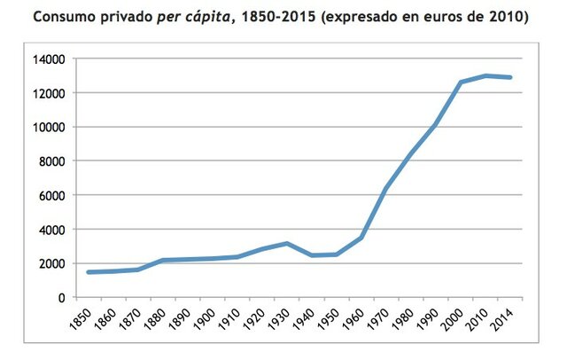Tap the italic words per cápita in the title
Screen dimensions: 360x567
(x=190, y=17)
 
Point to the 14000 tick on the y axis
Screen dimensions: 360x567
(x=50, y=59)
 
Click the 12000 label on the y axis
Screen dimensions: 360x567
(x=50, y=93)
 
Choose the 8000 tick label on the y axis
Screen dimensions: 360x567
(x=53, y=161)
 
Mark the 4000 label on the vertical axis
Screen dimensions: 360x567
(x=53, y=230)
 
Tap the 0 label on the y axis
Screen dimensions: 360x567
(x=62, y=298)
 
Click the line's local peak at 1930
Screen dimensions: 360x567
(x=287, y=243)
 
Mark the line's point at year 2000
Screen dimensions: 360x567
(x=461, y=82)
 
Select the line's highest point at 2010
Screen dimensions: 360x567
(x=485, y=75)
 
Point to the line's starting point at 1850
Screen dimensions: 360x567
(x=89, y=272)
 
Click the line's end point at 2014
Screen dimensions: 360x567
(x=510, y=77)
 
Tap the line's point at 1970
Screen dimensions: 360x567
(x=386, y=187)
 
